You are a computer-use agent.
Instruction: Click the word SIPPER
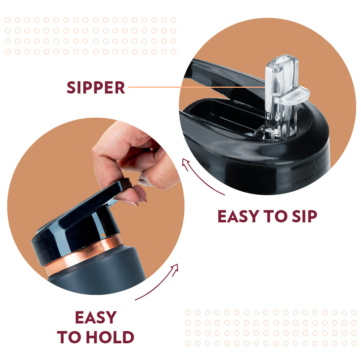point(96,87)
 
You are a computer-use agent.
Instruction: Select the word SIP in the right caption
point(304,216)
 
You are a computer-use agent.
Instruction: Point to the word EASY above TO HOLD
point(96,317)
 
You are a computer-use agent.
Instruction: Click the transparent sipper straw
point(280,97)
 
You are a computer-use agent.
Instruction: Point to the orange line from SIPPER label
point(197,87)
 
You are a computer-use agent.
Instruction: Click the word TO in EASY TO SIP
point(275,216)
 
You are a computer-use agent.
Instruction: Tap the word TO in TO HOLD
point(71,337)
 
